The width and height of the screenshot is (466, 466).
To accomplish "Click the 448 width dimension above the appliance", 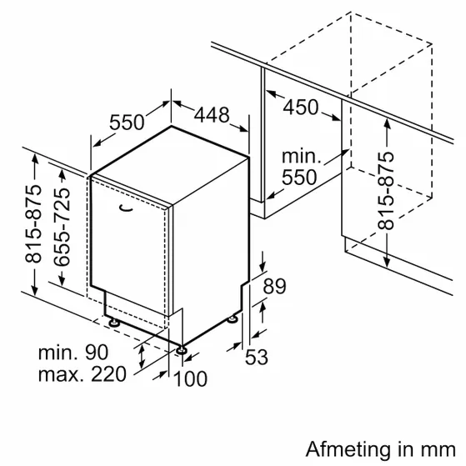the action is [212, 115].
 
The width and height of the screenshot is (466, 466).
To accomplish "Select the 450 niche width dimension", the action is [300, 107].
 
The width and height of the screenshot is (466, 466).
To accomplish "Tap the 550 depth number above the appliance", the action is [127, 123].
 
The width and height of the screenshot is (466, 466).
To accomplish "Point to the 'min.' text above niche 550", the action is [301, 157].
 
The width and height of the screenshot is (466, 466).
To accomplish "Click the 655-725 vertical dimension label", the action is [63, 227].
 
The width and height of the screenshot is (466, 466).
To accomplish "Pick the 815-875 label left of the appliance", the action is [33, 223].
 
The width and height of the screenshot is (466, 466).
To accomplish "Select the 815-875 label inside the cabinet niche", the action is [386, 191].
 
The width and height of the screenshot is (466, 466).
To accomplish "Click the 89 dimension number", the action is [274, 286].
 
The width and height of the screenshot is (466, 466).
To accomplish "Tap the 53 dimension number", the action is [256, 357].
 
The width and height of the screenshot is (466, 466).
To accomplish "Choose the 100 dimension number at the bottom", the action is [190, 378].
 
